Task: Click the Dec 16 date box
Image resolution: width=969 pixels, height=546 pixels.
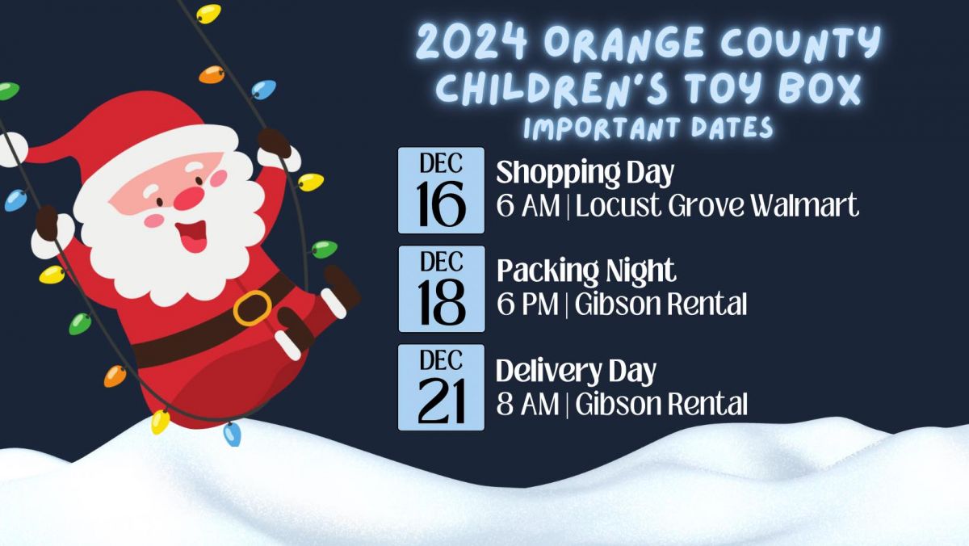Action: (441, 191)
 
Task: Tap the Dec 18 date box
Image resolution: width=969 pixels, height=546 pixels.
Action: (441, 289)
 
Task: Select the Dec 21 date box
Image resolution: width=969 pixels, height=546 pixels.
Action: (441, 387)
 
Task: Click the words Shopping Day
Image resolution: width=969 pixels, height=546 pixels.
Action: (585, 174)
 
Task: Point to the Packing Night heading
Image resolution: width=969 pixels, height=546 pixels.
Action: (586, 271)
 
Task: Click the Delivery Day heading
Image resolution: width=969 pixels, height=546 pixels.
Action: (576, 372)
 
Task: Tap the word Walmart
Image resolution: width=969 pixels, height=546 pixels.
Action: (804, 205)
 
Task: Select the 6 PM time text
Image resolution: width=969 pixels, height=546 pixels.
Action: (527, 304)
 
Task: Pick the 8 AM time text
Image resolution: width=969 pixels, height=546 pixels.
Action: (527, 404)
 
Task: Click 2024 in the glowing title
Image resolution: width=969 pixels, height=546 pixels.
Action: (472, 42)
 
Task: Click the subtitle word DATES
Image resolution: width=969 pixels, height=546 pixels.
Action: (732, 128)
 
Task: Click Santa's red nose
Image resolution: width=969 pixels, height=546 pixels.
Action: (189, 199)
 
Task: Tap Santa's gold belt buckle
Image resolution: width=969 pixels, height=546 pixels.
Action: (253, 308)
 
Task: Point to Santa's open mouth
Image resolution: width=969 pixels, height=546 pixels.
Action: (191, 236)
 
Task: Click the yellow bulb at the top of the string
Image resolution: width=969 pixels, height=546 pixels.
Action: (208, 14)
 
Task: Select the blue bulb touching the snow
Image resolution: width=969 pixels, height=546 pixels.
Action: (232, 435)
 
